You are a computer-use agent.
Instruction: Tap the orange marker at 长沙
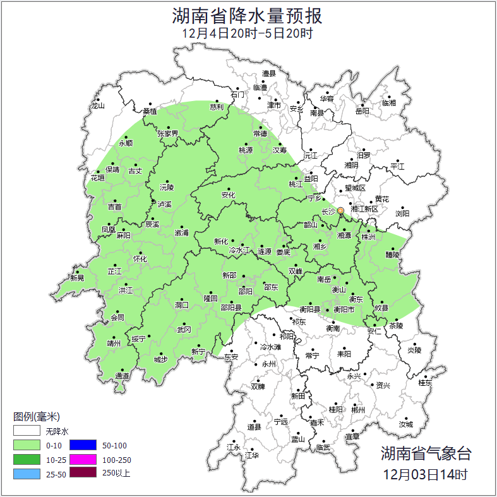click(x=341, y=210)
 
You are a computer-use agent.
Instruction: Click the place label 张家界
click(x=168, y=133)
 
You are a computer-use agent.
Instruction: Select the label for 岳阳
click(x=362, y=111)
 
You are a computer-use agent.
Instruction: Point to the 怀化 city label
click(x=140, y=259)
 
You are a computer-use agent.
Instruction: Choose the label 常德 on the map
click(x=260, y=133)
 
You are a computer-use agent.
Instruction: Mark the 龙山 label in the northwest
click(x=97, y=106)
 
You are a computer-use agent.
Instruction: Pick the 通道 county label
click(x=122, y=376)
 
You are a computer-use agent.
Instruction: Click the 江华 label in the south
click(x=252, y=455)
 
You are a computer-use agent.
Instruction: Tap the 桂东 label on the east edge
click(x=425, y=382)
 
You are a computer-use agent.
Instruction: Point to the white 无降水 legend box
click(x=27, y=432)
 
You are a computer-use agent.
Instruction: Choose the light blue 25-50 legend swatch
click(x=27, y=472)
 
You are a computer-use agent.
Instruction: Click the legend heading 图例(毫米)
click(x=37, y=417)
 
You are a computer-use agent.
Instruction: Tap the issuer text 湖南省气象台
click(x=426, y=453)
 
